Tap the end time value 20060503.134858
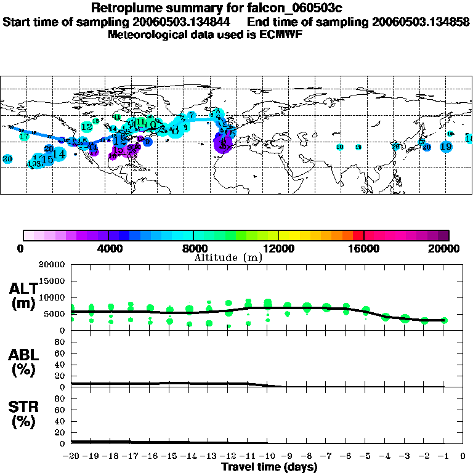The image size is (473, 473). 419,22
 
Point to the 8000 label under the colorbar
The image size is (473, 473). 194,249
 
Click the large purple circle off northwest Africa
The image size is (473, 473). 222,144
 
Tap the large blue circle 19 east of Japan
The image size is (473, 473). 447,147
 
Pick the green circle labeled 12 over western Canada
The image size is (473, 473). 87,127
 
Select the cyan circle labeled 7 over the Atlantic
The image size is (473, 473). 192,115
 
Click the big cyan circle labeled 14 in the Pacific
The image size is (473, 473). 59,154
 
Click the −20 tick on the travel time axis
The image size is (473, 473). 72,456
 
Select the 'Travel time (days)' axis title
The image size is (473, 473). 269,467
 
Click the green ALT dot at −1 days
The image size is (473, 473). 444,320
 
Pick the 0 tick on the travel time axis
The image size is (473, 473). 463,456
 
